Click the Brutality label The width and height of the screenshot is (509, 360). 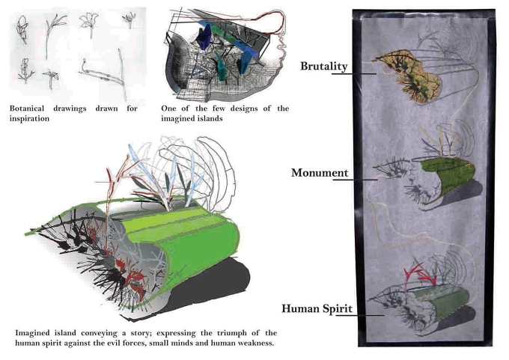point(323,66)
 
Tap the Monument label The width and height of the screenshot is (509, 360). point(320,173)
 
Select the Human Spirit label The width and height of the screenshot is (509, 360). point(317,308)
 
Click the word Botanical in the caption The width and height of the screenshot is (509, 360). point(27,108)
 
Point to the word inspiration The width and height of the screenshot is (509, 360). point(29,118)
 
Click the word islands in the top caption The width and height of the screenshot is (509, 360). point(210,118)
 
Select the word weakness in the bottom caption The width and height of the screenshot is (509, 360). point(256,343)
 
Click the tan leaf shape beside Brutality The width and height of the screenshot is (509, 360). point(409,76)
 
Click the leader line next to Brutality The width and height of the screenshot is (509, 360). point(353,73)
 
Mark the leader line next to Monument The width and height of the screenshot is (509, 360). point(355,180)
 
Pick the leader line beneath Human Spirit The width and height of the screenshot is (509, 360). point(360,315)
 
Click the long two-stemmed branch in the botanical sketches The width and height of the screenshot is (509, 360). point(103,75)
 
